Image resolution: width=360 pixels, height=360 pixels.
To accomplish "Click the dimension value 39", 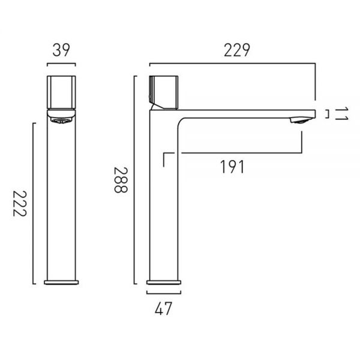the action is tap(61, 50).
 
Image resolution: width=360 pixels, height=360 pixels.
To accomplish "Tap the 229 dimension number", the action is tap(237, 50).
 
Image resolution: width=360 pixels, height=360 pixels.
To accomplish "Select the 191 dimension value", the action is tap(232, 167).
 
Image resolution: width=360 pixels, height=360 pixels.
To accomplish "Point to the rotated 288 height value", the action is tap(121, 180).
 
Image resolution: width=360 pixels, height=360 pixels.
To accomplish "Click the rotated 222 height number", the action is tap(20, 203).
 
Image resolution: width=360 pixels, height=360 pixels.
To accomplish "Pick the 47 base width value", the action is tap(163, 309).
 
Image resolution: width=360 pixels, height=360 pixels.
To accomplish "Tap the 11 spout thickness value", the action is tap(342, 114).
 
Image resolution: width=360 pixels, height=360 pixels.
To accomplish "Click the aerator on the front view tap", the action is tap(61, 121).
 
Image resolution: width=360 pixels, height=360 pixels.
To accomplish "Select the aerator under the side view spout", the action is tap(299, 121).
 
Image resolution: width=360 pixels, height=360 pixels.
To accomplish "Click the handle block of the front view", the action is tap(61, 92).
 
